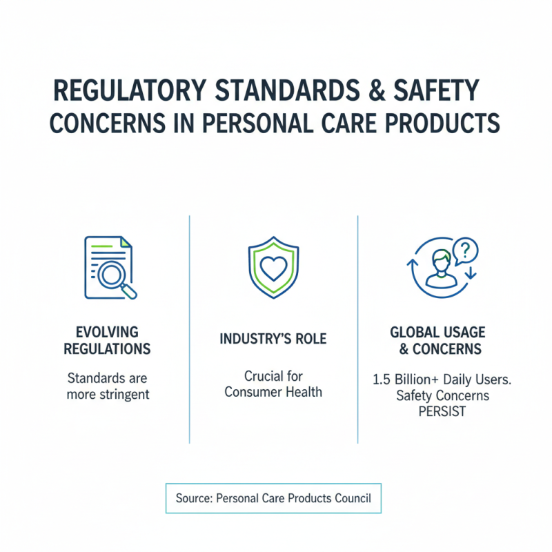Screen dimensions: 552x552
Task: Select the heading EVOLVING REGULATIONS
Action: click(x=107, y=340)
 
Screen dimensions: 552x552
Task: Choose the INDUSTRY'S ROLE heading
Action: click(x=273, y=339)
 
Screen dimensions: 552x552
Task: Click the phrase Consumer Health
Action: click(x=273, y=393)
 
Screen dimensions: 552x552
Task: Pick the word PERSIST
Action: click(x=443, y=411)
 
